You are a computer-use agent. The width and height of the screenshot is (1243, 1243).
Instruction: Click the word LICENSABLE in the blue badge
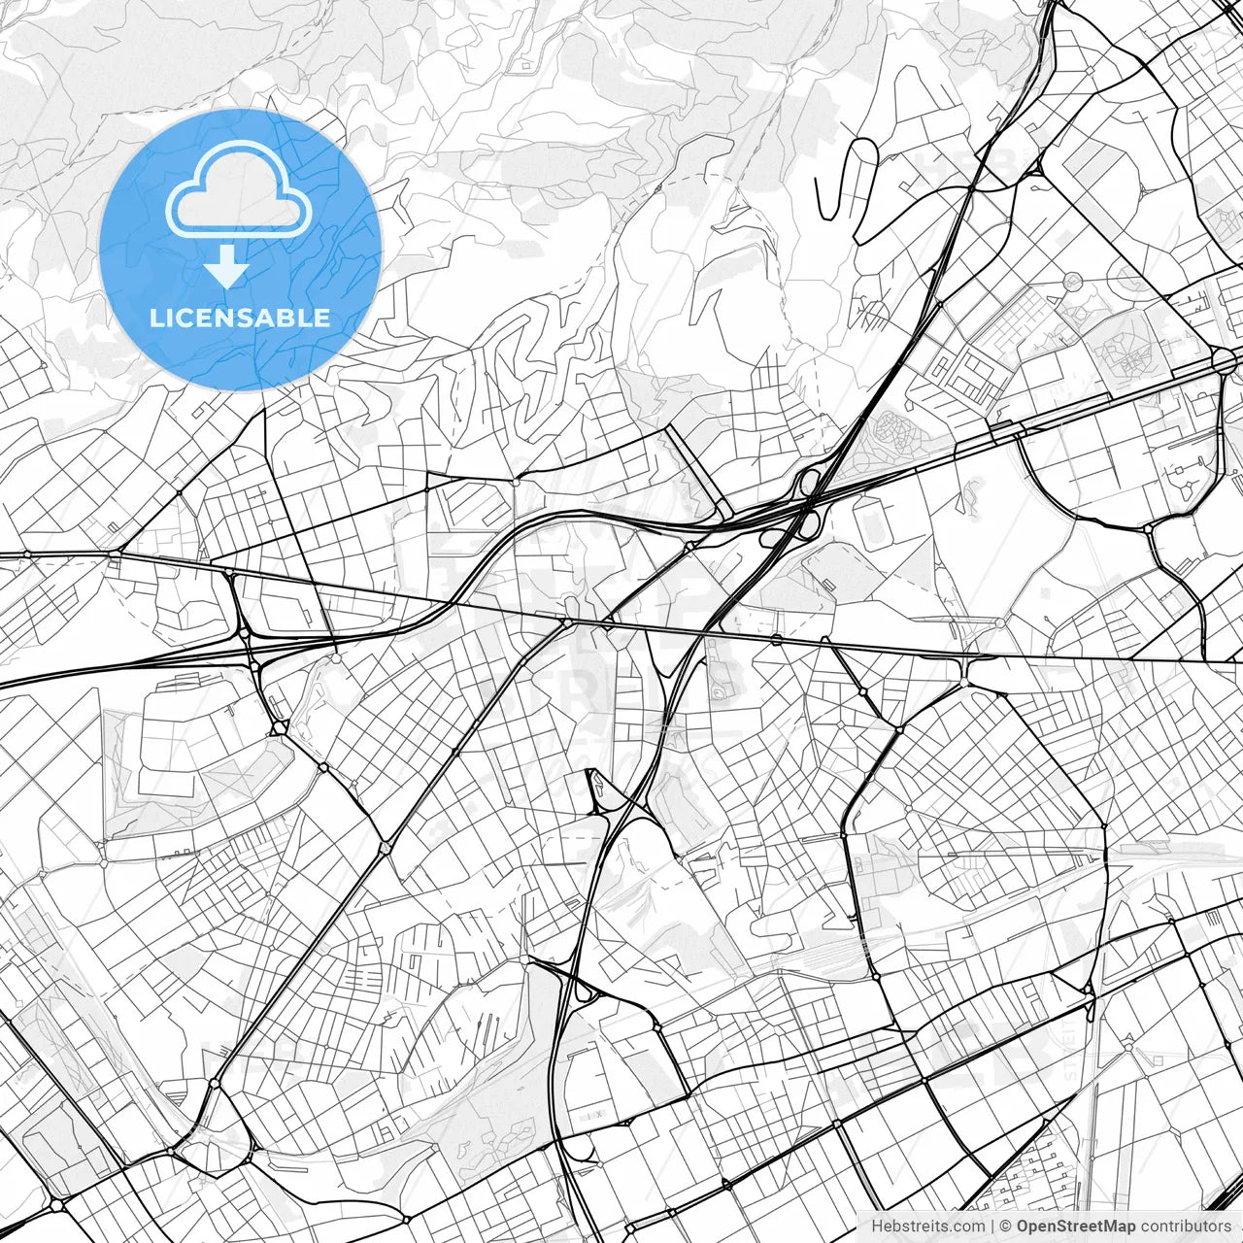(240, 318)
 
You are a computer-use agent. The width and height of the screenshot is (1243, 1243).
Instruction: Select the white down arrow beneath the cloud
(227, 266)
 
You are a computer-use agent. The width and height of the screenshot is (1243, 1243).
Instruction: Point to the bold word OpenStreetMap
(1076, 1226)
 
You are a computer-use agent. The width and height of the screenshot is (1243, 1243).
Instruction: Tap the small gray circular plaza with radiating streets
(1072, 282)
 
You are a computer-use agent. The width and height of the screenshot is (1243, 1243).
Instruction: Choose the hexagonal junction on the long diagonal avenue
(386, 848)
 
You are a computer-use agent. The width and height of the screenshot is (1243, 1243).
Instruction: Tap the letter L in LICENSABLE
(155, 318)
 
